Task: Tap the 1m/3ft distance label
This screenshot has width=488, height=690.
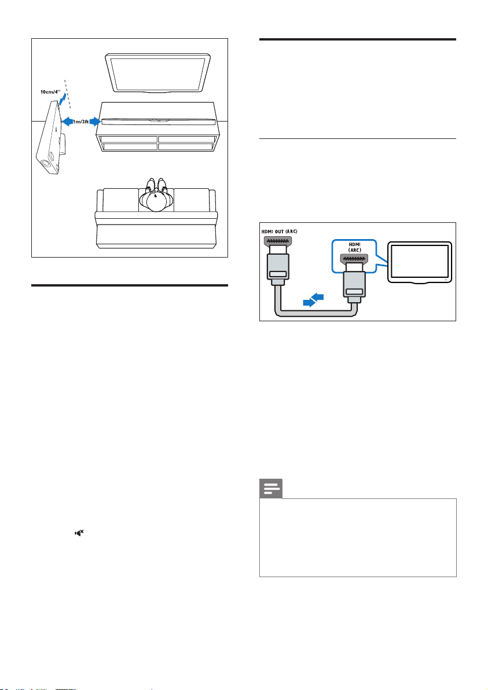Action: (x=82, y=122)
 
